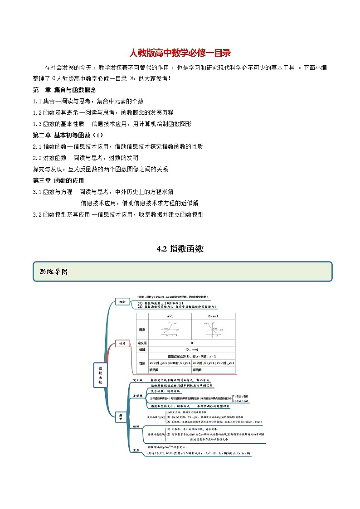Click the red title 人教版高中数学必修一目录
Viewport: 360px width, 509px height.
[x=180, y=53]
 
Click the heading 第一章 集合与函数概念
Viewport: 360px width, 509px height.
[x=64, y=90]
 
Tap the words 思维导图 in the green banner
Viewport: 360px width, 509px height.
[x=54, y=271]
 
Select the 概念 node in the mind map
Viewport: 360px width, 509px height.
[x=122, y=301]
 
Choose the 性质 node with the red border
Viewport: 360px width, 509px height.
[x=121, y=344]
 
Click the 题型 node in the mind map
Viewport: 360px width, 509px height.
[x=121, y=418]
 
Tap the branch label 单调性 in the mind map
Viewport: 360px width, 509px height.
[x=137, y=396]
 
